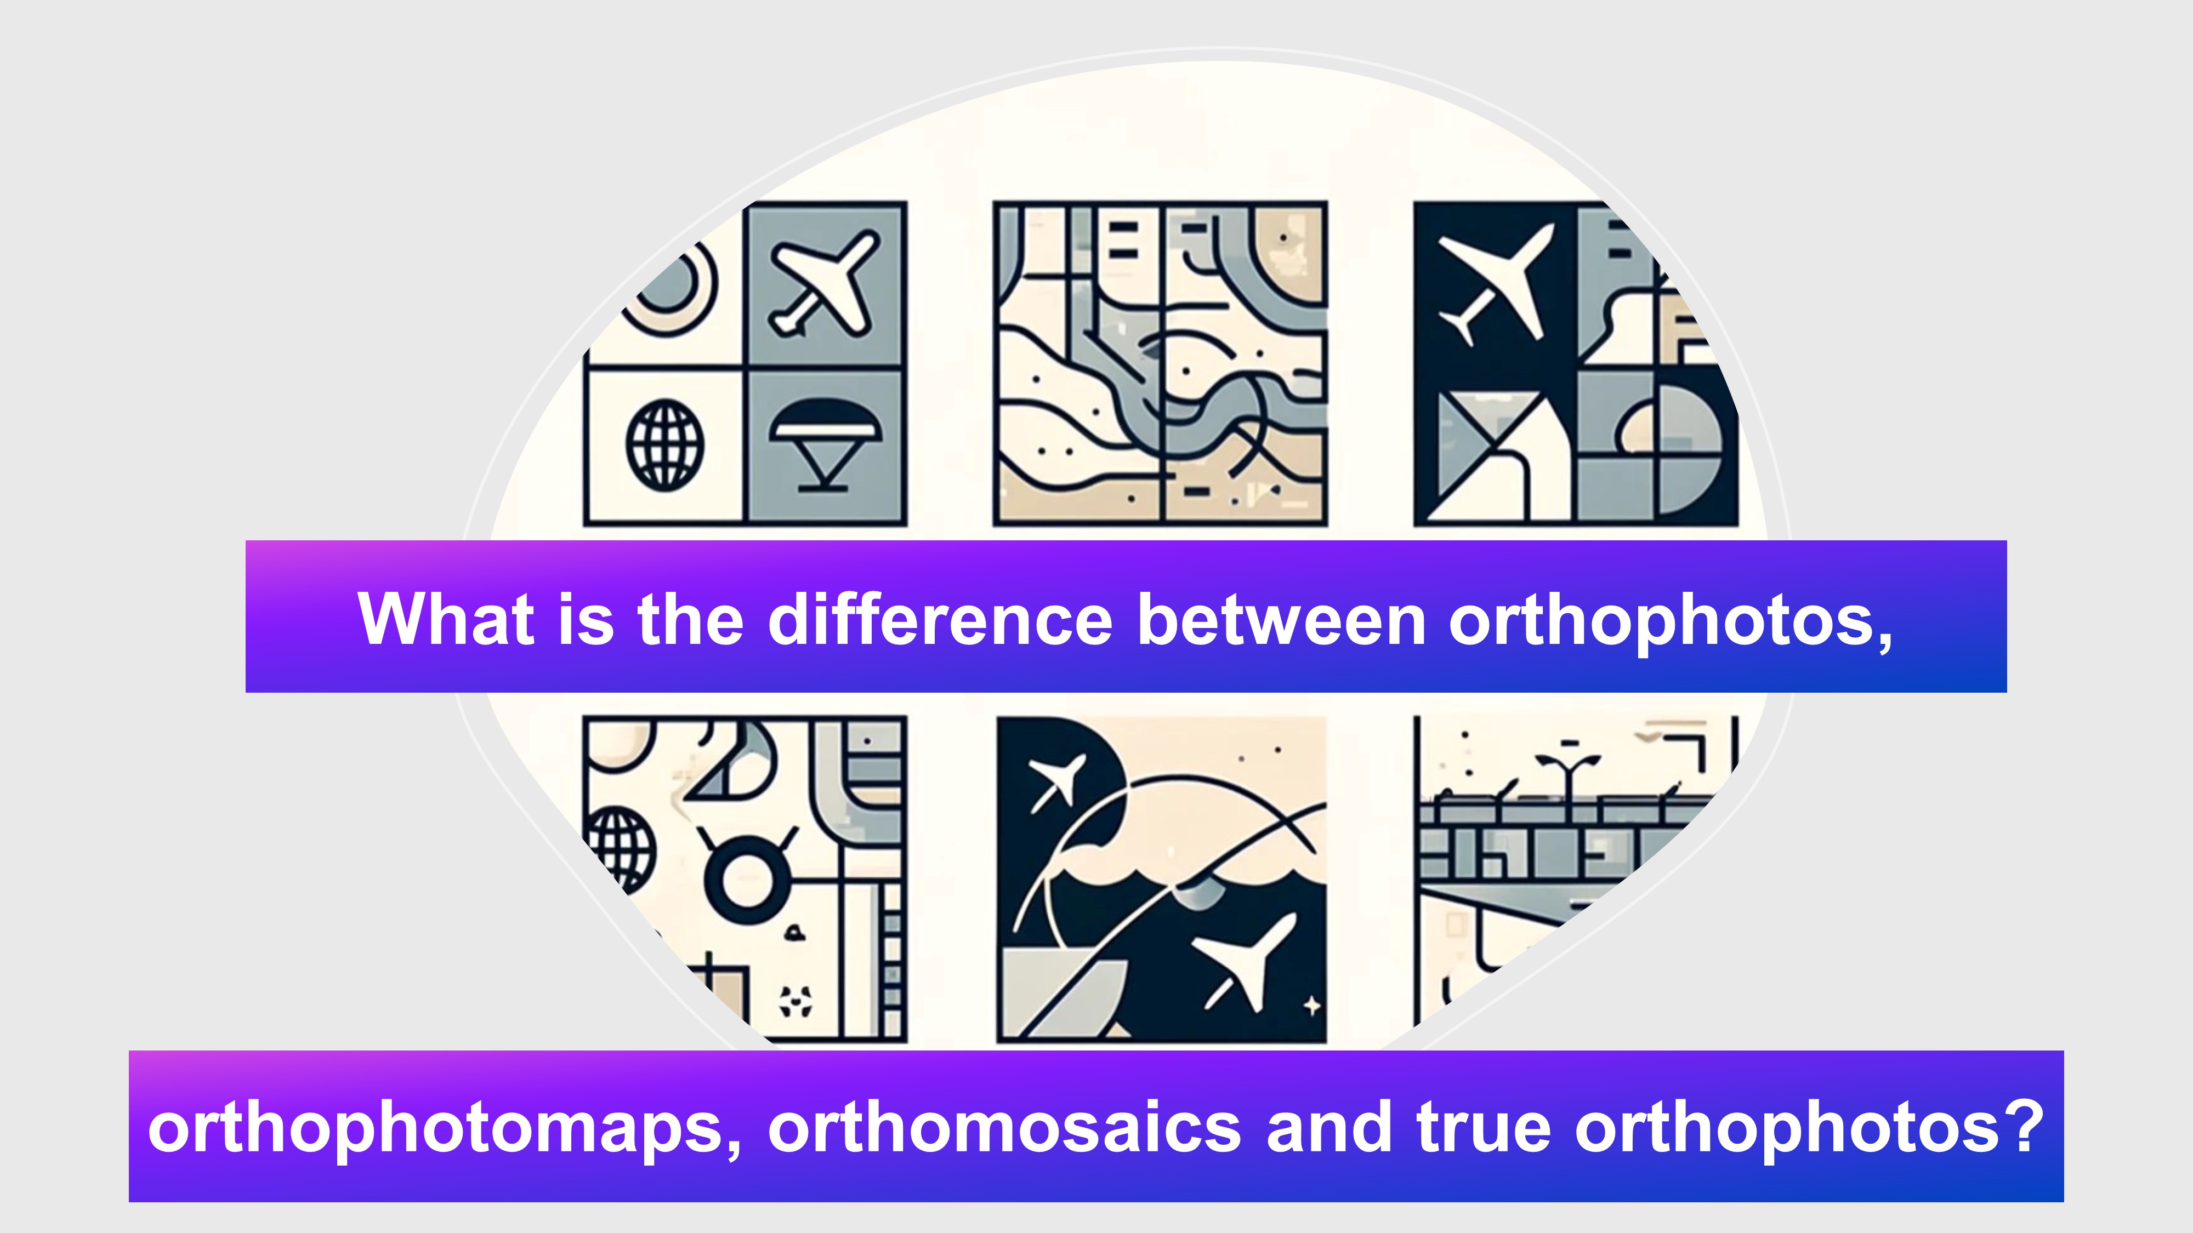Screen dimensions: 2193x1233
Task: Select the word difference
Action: [x=940, y=618]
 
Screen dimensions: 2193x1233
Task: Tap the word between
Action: [x=1281, y=618]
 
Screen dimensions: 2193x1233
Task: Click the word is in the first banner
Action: [x=586, y=618]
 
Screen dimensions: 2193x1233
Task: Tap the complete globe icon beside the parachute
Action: [x=666, y=444]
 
